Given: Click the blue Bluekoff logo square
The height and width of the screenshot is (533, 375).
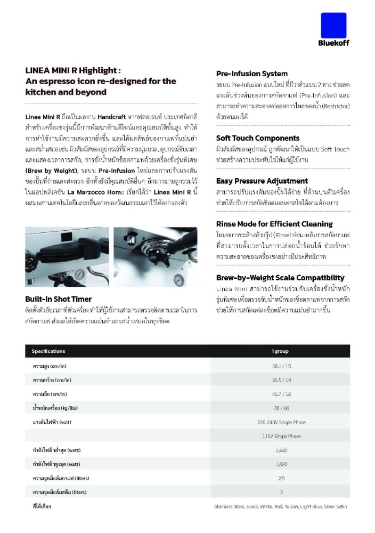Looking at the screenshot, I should point(333,25).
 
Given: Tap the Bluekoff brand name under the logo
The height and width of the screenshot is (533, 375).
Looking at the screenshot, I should point(334,43).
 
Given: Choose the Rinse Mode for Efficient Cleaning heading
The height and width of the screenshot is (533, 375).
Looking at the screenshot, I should point(274,224).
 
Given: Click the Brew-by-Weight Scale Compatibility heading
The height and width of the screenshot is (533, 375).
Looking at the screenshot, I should point(280,278).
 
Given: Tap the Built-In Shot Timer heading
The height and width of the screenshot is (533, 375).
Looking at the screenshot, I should point(58,299).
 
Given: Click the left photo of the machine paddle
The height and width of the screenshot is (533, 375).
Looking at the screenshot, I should point(67,257).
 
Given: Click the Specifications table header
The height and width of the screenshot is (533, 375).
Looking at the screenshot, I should point(48,351).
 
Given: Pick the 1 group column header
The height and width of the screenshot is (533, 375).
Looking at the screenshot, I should point(280,351).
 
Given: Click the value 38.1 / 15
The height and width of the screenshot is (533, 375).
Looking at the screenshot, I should point(281,366).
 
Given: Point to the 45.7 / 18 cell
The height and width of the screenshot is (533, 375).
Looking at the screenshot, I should point(281,394).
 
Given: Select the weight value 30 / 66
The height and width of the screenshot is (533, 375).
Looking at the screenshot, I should point(281,408).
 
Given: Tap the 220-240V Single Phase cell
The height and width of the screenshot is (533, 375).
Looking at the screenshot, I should point(281,422).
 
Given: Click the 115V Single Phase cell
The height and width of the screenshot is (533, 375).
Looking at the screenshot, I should point(281,436).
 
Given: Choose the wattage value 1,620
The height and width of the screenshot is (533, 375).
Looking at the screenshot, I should point(281,450).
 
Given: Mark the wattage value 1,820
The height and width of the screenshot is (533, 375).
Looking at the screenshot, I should point(281,464).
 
